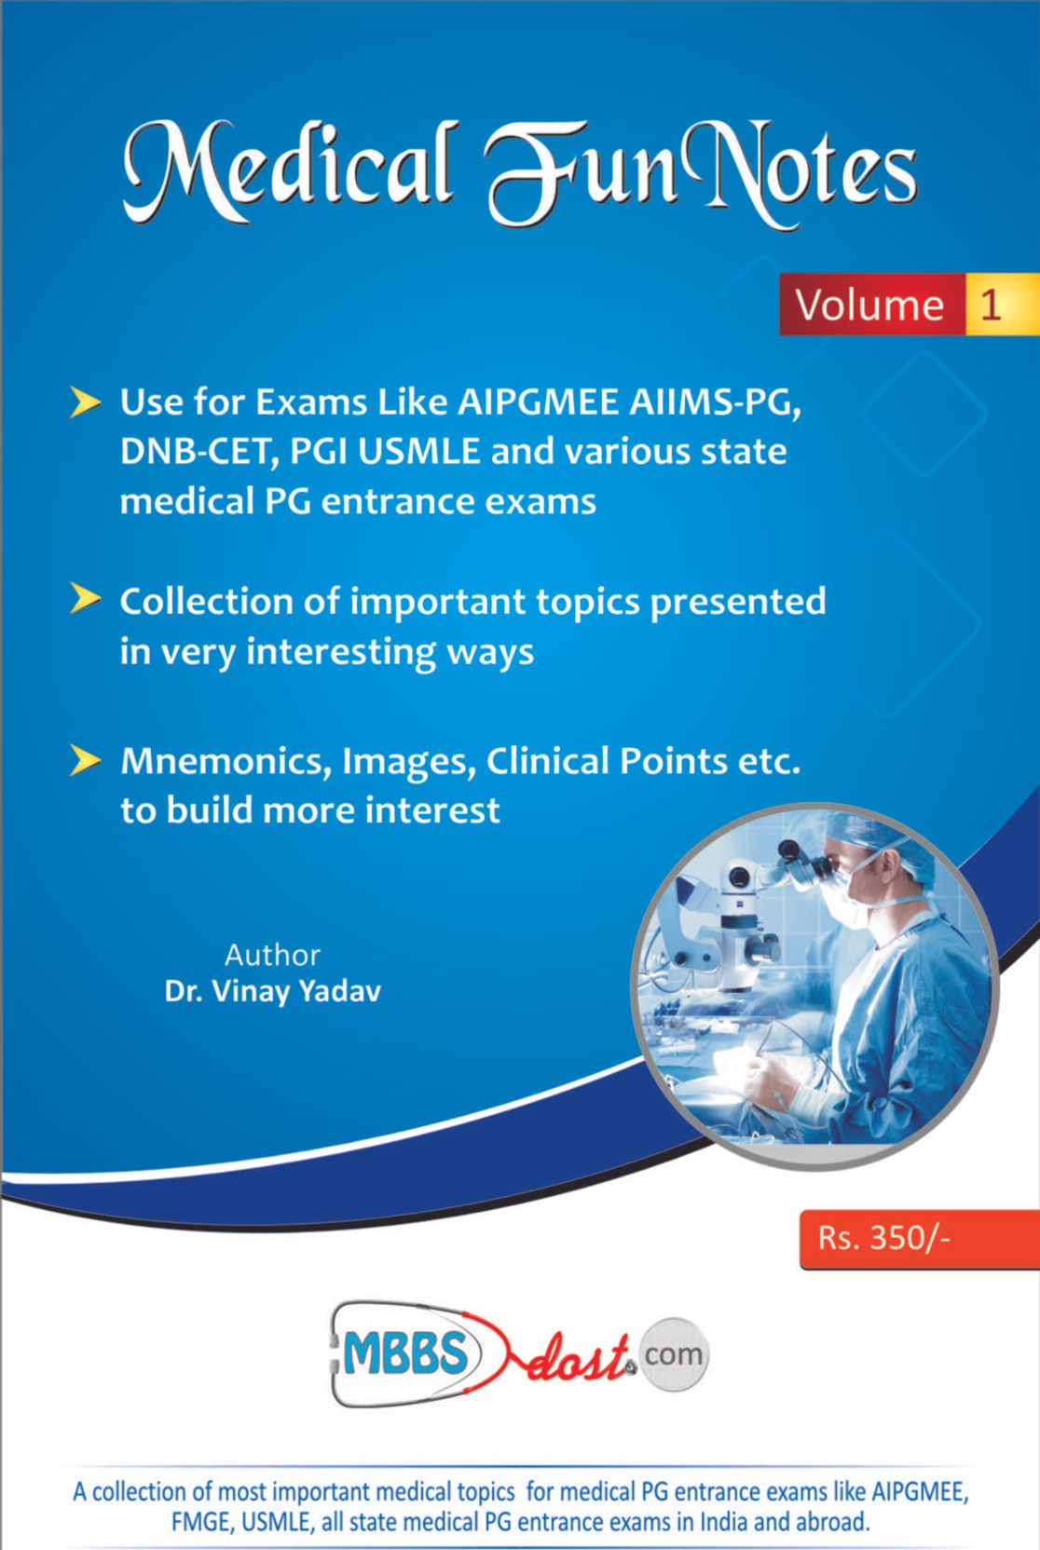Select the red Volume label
point(872,305)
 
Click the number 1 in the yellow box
point(991,305)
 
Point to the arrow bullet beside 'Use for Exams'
point(85,402)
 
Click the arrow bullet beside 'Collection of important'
point(85,599)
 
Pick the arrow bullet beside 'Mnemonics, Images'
point(85,760)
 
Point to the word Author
point(273,956)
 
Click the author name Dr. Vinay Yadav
point(273,992)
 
